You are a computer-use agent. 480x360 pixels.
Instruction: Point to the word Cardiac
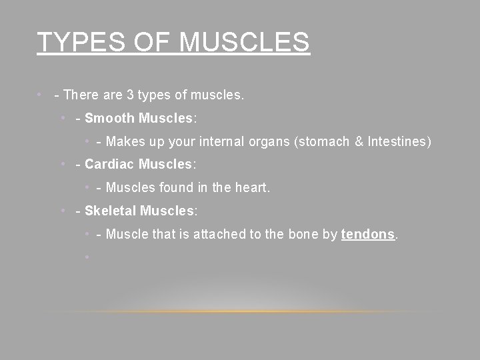click(x=110, y=165)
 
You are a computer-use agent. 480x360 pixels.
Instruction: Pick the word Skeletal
click(x=111, y=211)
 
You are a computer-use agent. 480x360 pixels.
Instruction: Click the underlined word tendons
click(x=368, y=234)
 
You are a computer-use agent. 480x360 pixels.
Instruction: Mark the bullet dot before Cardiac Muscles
click(x=61, y=165)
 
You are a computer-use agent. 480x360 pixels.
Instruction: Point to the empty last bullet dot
click(x=87, y=257)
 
